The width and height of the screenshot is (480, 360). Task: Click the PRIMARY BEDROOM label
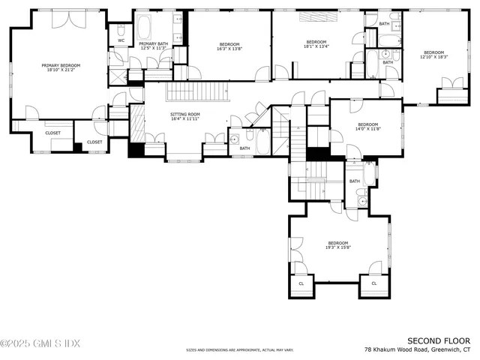[x=60, y=65]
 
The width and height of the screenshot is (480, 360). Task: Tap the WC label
[x=121, y=40]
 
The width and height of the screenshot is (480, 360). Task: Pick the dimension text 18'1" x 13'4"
[x=316, y=46]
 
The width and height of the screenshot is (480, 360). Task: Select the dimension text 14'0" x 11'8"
[x=367, y=129]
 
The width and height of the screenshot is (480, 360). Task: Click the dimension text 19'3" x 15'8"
[x=337, y=247]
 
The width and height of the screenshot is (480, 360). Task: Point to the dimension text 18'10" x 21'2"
[x=60, y=70]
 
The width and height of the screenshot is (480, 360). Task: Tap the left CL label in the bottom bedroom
[x=301, y=283]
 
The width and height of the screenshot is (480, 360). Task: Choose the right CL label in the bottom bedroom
[x=373, y=283]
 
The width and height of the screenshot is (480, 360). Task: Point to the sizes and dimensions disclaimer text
[x=240, y=350]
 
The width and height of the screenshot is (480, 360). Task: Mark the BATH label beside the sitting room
[x=244, y=148]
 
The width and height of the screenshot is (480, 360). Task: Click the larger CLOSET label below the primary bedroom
[x=52, y=133]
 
